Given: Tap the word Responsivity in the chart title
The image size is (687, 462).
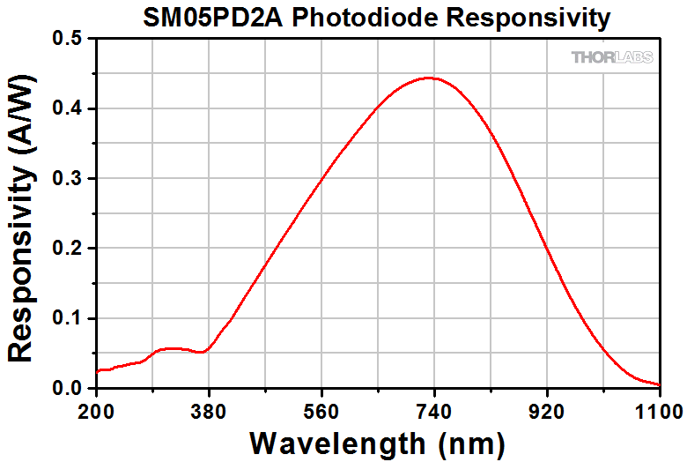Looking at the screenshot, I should (x=512, y=17).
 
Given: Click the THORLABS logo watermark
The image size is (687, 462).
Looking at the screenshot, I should (x=612, y=57).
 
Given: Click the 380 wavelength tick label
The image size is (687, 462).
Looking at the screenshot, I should (x=210, y=410).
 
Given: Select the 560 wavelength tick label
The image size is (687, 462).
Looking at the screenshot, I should (x=322, y=410).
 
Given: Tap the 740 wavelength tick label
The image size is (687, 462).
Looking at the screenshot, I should (x=434, y=410).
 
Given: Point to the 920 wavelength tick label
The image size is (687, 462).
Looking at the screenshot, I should (x=547, y=410).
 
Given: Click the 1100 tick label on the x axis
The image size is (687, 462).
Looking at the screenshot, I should (x=659, y=410).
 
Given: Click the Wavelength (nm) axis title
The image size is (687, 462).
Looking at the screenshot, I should (x=377, y=441).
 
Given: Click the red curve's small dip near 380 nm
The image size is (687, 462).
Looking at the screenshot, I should (x=203, y=352).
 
